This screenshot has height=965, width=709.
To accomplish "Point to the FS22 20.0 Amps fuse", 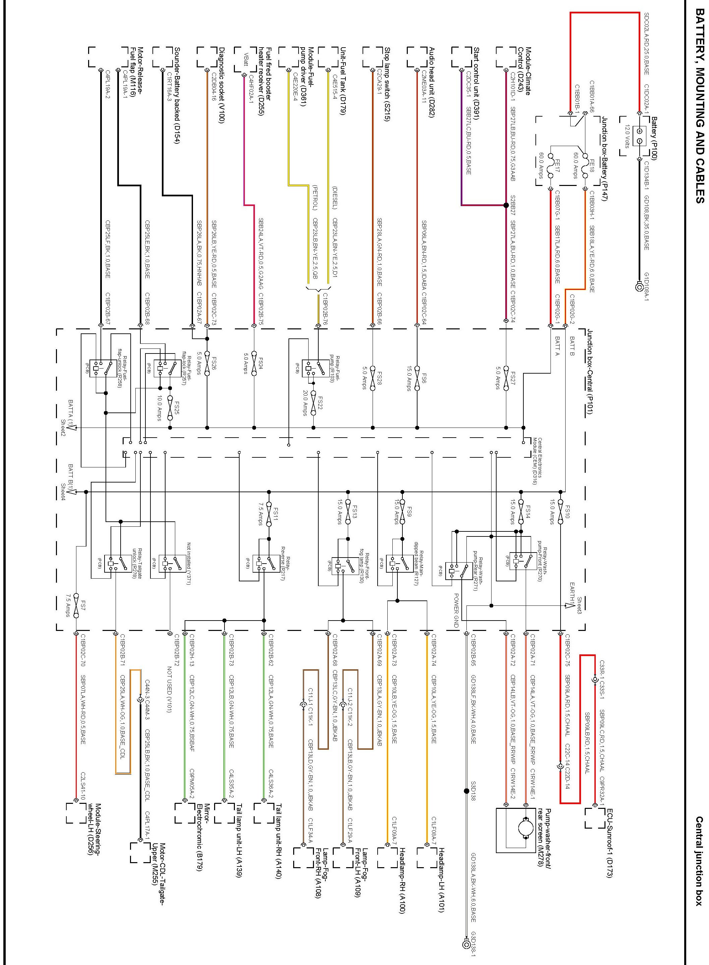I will click(314, 402).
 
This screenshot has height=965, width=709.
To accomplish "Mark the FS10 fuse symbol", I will click(561, 513).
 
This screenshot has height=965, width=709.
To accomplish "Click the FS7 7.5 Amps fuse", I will click(76, 605).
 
